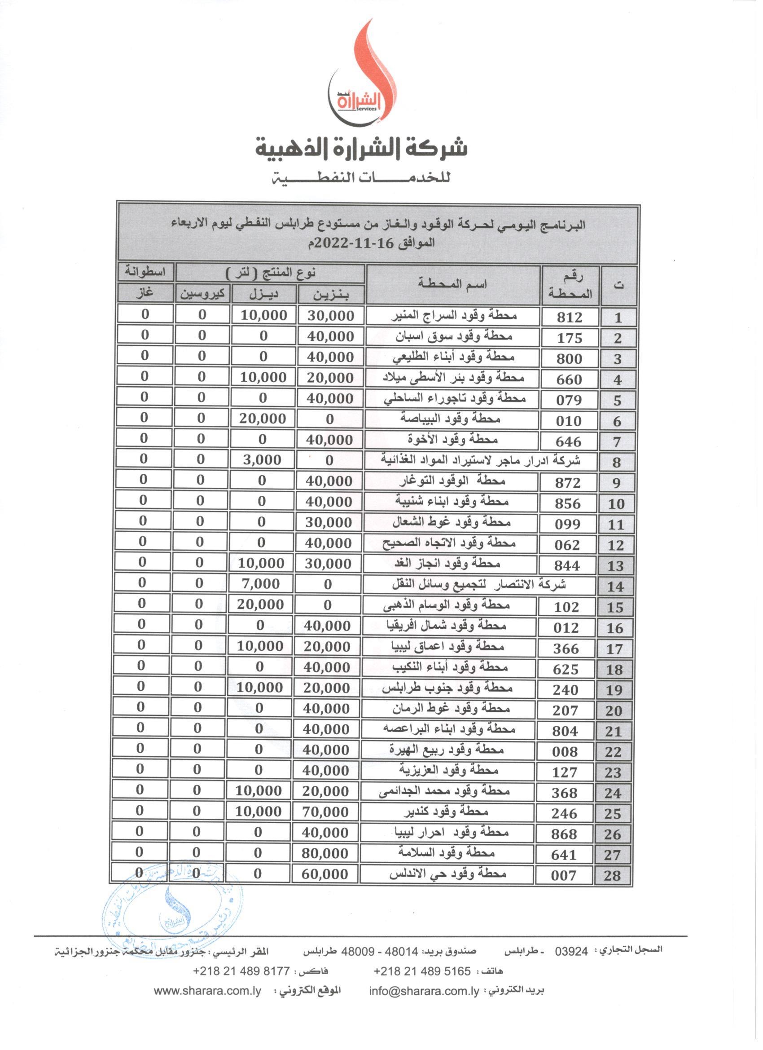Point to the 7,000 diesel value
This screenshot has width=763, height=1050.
click(260, 584)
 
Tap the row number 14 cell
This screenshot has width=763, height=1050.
click(615, 587)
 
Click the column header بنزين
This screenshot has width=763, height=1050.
click(331, 295)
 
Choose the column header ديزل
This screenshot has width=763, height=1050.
click(264, 294)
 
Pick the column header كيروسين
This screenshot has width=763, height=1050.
click(202, 294)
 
